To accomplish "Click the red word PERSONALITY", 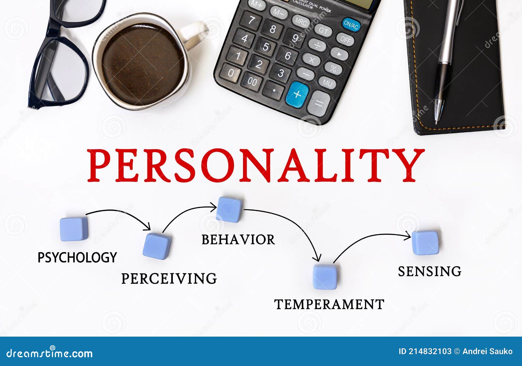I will tap(255, 165).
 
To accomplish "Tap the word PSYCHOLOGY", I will tap(77, 257).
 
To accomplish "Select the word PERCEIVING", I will tap(169, 278).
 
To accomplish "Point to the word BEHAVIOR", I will tap(238, 240).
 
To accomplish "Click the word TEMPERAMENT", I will tap(329, 304).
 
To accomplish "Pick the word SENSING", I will tap(430, 271).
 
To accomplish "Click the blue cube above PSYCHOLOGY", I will tap(74, 229).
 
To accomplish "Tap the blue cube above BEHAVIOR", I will tap(229, 210).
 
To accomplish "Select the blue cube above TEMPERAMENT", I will tap(325, 277).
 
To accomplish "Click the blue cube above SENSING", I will tap(425, 243).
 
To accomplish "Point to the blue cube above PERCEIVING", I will tap(157, 246).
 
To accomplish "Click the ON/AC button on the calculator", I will tap(351, 24).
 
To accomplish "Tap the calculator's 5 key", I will tap(266, 47).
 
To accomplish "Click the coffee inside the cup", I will tap(143, 64).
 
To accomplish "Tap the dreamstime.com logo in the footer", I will tap(50, 353).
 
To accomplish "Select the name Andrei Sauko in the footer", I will tap(487, 351).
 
